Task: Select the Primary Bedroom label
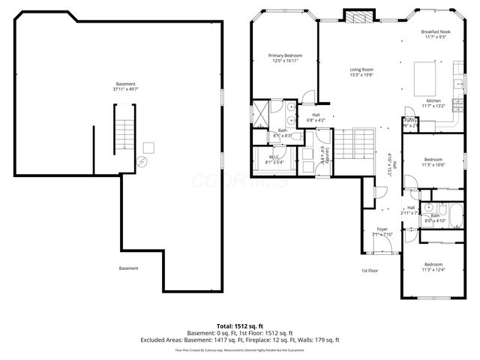286,55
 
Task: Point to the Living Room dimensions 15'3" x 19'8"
361,75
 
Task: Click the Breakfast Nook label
435,31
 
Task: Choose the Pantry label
410,120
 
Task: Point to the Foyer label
382,229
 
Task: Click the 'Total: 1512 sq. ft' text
239,325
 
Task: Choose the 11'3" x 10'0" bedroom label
434,163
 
